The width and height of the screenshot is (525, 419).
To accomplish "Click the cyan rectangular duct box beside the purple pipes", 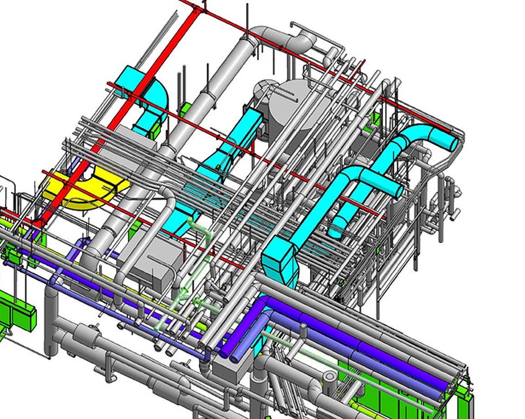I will click(x=280, y=264).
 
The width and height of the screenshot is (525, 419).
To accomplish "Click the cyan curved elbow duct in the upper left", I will click(x=155, y=96).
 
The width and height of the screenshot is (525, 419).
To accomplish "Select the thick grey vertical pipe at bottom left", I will click(x=51, y=319).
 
